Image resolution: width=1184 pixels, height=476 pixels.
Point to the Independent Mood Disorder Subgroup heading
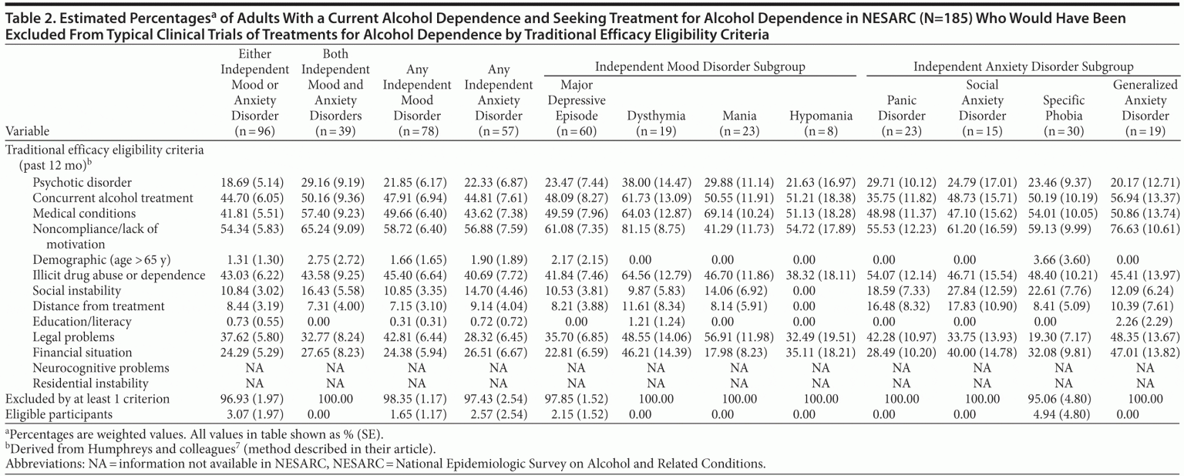pos(700,67)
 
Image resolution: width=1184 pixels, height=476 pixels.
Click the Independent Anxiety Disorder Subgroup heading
pos(1023,67)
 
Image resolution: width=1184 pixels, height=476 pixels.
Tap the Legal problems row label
pos(73,337)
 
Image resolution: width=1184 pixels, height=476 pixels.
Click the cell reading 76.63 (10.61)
pos(1144,228)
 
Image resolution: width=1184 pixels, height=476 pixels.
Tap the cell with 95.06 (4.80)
pos(1063,399)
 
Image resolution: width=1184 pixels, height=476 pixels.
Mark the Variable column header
pos(27,131)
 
